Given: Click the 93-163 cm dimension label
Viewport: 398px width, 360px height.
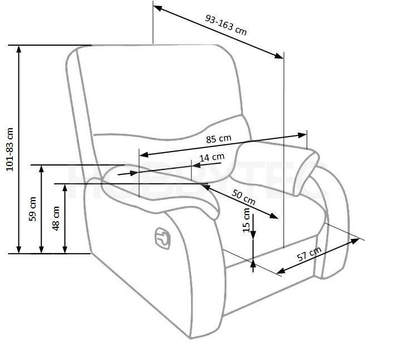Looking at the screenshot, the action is (x=225, y=25).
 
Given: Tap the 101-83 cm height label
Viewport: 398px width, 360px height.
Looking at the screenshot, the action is (x=9, y=149).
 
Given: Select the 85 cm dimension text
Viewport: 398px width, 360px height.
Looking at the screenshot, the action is (x=219, y=139).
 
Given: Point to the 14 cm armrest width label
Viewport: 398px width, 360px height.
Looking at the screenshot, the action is (x=212, y=157).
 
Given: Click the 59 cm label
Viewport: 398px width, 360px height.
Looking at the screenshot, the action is (x=32, y=209).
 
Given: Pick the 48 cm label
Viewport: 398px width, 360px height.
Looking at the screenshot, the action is (x=56, y=218).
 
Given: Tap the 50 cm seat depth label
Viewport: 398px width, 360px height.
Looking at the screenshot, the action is (x=243, y=197).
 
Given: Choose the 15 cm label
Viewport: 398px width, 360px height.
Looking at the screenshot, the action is (x=247, y=220).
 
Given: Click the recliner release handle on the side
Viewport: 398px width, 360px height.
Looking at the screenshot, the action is (x=163, y=239).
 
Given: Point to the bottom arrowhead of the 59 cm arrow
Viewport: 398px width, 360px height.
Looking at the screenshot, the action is (x=42, y=250).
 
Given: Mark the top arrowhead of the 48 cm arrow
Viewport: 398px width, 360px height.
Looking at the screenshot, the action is (x=65, y=188).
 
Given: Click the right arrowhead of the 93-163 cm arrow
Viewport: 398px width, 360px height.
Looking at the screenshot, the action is (x=279, y=56).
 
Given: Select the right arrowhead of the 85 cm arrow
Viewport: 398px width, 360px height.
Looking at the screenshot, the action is (x=302, y=135).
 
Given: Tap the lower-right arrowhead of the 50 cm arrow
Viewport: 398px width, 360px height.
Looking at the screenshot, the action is (x=274, y=216).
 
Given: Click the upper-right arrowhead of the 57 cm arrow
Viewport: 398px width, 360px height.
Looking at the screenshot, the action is (x=355, y=240).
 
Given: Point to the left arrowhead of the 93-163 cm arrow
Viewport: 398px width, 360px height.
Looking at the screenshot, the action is (x=158, y=8).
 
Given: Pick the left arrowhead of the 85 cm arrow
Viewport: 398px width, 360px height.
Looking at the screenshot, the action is (x=144, y=154).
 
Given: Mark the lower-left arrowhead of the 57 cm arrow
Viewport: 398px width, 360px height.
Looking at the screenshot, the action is (x=281, y=271).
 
